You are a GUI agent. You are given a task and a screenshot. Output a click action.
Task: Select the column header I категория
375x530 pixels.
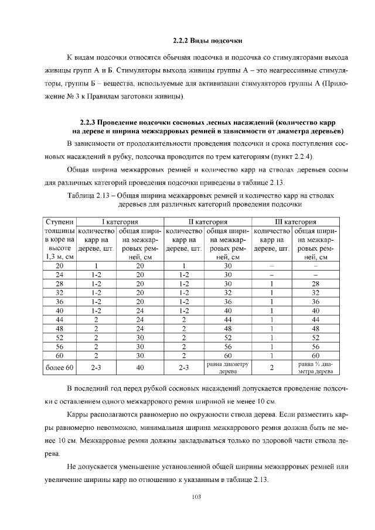coord(120,222)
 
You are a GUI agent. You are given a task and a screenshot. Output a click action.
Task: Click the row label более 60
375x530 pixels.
coord(60,368)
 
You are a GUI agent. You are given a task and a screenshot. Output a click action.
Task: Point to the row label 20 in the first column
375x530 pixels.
coord(60,265)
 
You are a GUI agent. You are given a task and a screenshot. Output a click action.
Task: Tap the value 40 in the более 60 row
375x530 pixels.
coord(140,368)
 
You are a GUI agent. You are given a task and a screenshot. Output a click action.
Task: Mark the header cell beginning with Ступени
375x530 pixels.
coord(60,222)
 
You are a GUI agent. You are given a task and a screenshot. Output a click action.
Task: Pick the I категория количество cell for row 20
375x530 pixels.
coord(97,265)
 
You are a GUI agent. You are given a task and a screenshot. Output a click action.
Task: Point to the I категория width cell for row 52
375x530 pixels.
coord(140,337)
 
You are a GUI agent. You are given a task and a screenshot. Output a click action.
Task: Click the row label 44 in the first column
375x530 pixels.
coord(60,319)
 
